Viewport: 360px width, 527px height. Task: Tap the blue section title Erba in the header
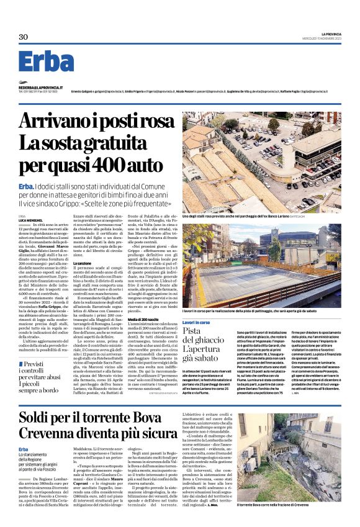click(x=46, y=63)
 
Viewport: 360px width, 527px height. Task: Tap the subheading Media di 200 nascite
click(x=142, y=318)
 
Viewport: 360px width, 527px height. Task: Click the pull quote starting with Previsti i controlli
click(x=42, y=363)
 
